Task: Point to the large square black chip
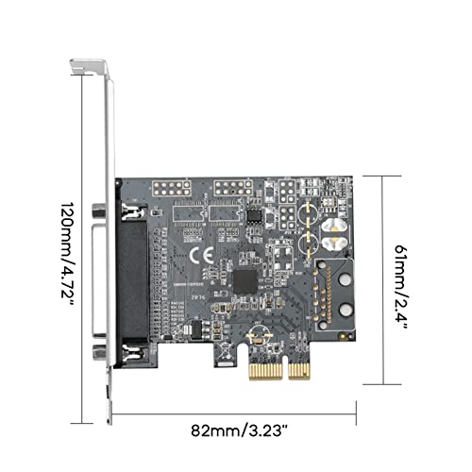point(244,280)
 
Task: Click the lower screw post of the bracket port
point(98,353)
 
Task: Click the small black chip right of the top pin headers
point(254,213)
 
